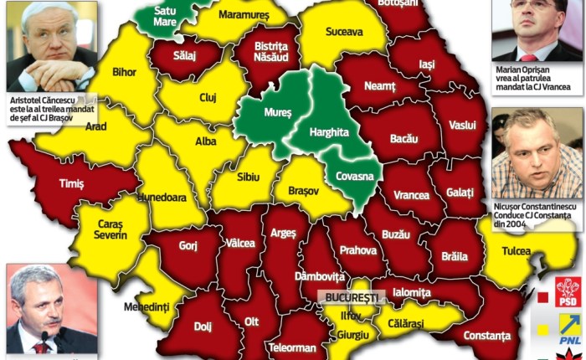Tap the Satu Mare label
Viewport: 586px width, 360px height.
[165, 16]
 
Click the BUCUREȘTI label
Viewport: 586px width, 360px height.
[353, 296]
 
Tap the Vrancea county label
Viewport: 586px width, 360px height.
[411, 195]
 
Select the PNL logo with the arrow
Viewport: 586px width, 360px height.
[568, 327]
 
